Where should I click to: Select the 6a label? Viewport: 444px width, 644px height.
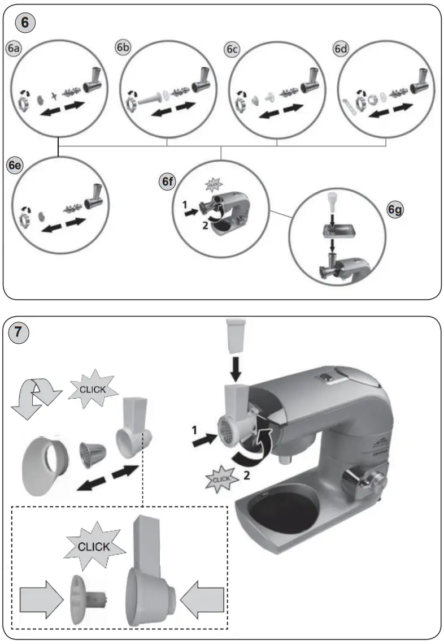[x=14, y=49]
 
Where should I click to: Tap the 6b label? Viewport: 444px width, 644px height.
[x=123, y=48]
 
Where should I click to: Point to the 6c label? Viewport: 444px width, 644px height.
[x=231, y=50]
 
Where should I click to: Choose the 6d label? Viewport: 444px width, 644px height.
[x=340, y=49]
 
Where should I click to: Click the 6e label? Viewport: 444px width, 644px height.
[x=15, y=165]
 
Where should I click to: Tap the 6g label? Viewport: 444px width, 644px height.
[x=395, y=210]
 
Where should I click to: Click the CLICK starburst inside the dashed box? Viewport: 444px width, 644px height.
[x=94, y=547]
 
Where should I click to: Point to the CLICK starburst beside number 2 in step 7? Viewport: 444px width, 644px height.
[x=220, y=481]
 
